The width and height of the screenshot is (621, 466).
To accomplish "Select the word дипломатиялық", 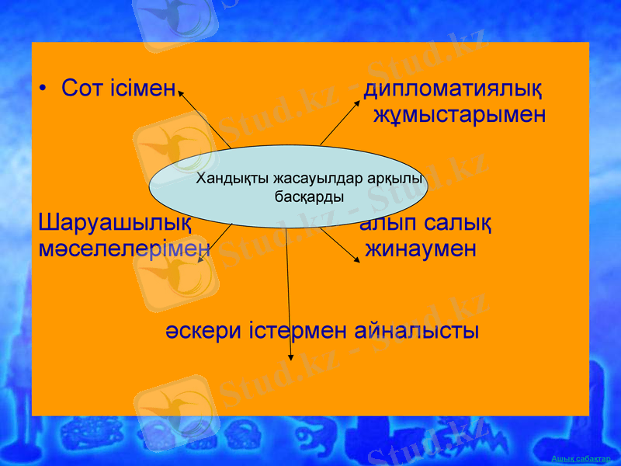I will pyautogui.click(x=453, y=88).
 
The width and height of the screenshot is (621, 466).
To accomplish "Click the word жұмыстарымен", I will pyautogui.click(x=460, y=115).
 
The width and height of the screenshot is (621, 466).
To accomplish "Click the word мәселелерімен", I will pyautogui.click(x=124, y=249).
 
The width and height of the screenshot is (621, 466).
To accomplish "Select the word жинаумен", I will pyautogui.click(x=421, y=249).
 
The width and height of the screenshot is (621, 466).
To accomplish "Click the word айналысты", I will pyautogui.click(x=416, y=330).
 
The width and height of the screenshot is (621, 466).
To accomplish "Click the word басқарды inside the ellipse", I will pyautogui.click(x=310, y=197).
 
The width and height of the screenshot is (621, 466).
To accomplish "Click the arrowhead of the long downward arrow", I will pyautogui.click(x=291, y=357).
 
